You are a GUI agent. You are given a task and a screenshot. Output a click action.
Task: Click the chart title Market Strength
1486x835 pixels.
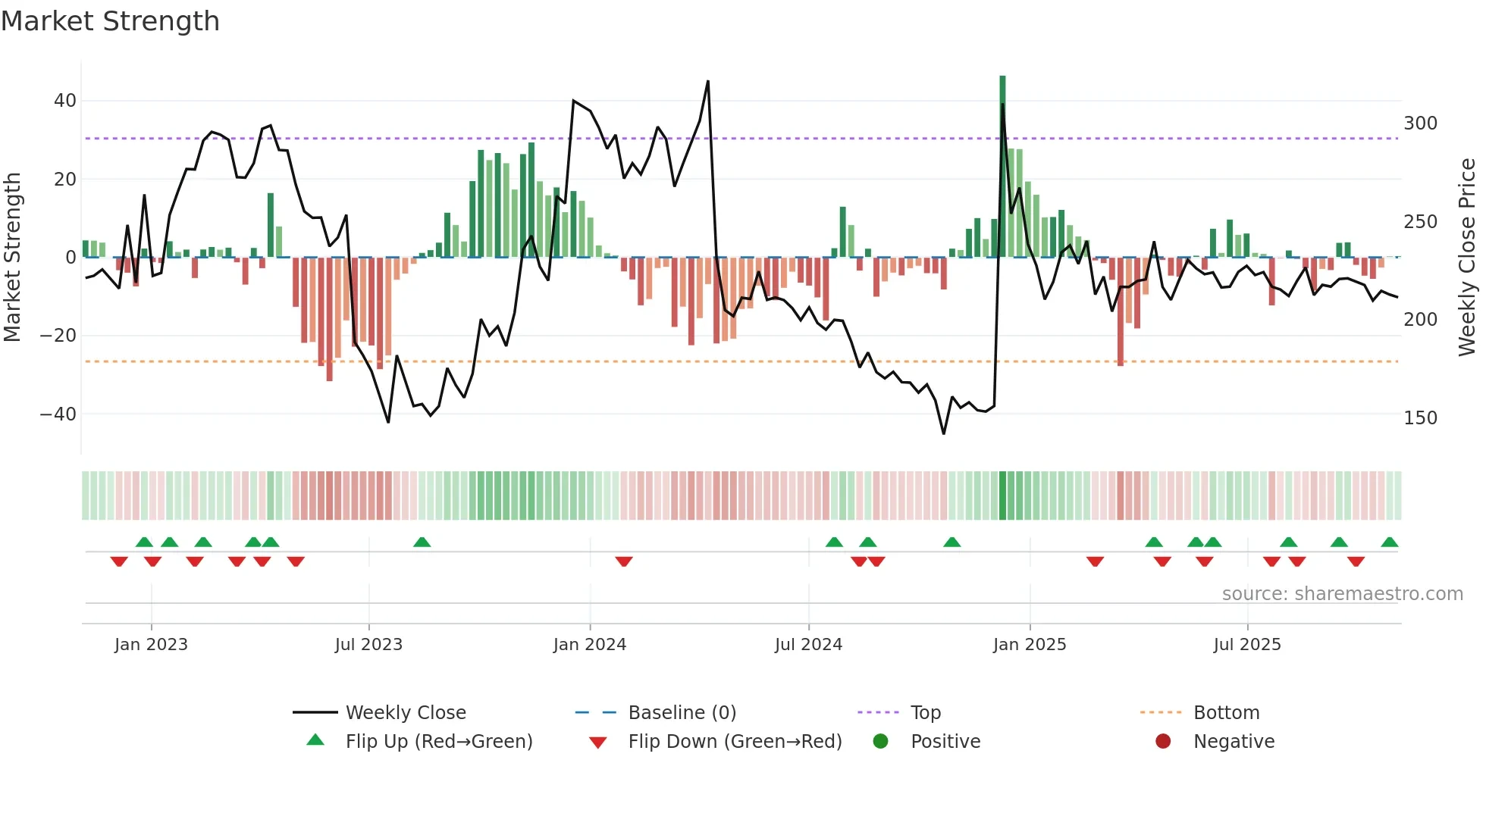point(110,21)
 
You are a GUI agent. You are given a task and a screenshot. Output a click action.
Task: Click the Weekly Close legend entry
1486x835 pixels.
point(405,712)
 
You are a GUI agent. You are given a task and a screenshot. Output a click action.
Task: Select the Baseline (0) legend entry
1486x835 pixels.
point(682,712)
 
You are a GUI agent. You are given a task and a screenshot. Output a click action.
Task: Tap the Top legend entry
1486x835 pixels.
point(925,712)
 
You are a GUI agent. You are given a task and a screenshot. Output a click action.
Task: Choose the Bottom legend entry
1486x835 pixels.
point(1226,712)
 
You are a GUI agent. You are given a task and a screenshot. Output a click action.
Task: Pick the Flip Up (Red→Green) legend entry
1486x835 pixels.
point(438,741)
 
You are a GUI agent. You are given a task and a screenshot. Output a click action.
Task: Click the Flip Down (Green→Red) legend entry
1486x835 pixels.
point(734,741)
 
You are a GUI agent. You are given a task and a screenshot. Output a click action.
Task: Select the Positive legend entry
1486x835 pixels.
point(945,741)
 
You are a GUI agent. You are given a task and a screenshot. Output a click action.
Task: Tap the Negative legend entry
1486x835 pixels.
point(1234,741)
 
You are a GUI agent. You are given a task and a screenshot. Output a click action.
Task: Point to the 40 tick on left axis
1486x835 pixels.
point(64,101)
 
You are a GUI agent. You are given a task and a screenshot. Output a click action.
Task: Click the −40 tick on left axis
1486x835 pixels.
point(58,414)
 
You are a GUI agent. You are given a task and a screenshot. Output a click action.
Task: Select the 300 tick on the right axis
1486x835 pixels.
point(1420,124)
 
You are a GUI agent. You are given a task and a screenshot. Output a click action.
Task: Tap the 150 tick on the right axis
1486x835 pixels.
point(1420,417)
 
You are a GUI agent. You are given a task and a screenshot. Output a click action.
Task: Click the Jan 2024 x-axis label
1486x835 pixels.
point(589,645)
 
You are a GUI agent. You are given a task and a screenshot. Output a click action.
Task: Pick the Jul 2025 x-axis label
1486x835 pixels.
point(1246,645)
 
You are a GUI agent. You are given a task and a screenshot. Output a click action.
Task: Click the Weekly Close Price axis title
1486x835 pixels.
point(1467,258)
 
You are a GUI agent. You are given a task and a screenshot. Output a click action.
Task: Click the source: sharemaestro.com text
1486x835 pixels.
point(1342,593)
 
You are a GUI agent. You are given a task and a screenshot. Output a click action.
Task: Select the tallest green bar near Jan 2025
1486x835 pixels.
point(1002,167)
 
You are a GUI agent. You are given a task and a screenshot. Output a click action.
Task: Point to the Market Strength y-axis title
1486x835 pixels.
point(13,258)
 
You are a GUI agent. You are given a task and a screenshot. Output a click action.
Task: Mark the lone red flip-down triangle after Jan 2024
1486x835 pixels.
point(624,561)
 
